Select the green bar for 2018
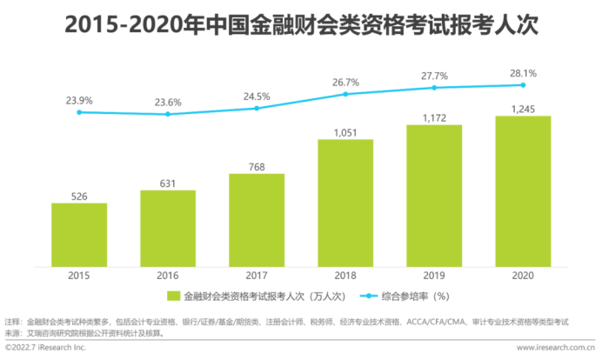[x=345, y=201]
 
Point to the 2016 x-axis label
[x=168, y=274]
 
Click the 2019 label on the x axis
[x=434, y=274]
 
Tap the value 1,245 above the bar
[x=523, y=109]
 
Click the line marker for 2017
[x=257, y=108]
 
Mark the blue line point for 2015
[x=79, y=111]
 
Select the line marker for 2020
[x=523, y=84]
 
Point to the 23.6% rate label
[x=168, y=101]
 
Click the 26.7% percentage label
[x=345, y=82]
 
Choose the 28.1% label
[x=523, y=72]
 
